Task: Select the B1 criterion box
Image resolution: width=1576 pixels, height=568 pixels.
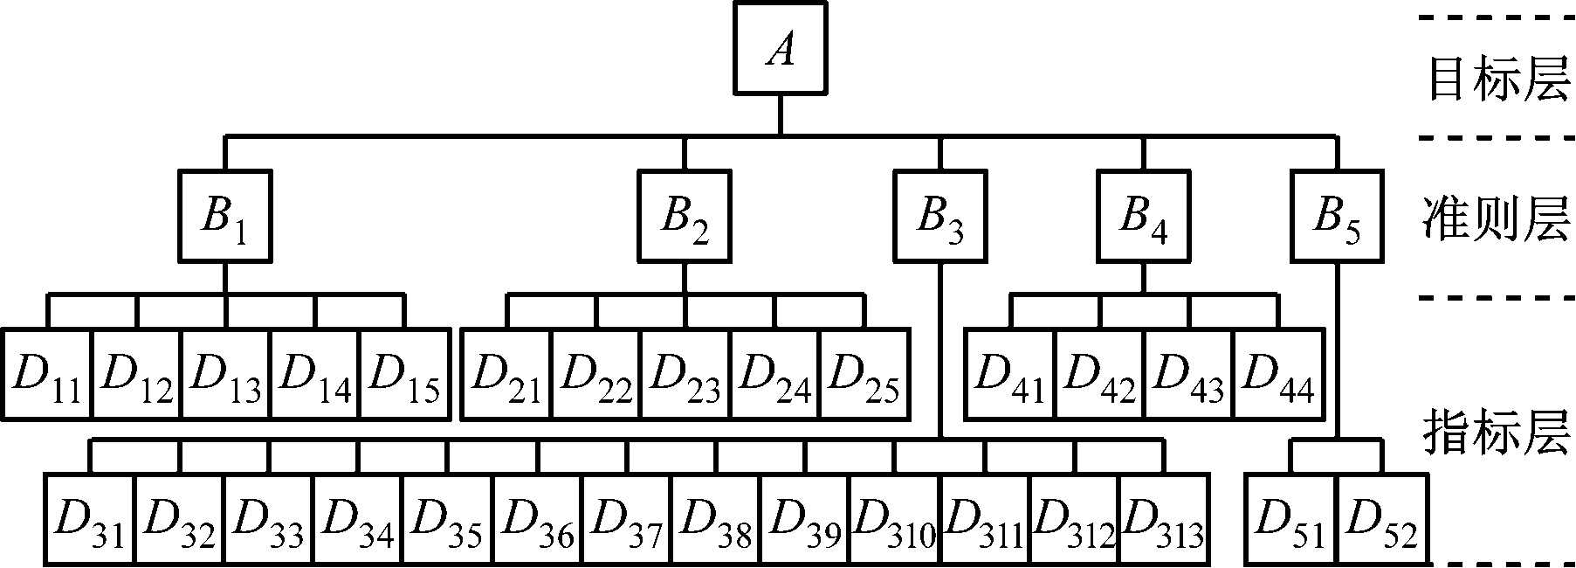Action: (x=225, y=216)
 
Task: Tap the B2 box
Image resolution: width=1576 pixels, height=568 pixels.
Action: (x=685, y=216)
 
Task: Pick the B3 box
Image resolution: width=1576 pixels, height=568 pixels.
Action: (x=940, y=216)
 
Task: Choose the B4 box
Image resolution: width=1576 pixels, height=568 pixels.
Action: (x=1143, y=216)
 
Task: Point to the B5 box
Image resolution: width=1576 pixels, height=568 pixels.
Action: (x=1337, y=216)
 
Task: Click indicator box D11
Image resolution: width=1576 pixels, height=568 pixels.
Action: (x=47, y=375)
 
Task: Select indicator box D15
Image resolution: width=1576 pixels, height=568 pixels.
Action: (x=405, y=375)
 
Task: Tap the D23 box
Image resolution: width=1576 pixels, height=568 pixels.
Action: (x=685, y=375)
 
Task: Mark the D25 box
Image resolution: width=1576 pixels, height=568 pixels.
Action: (x=864, y=375)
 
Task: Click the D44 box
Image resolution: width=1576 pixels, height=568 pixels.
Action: (x=1277, y=375)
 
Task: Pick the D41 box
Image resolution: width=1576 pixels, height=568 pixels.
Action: (x=1010, y=375)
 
